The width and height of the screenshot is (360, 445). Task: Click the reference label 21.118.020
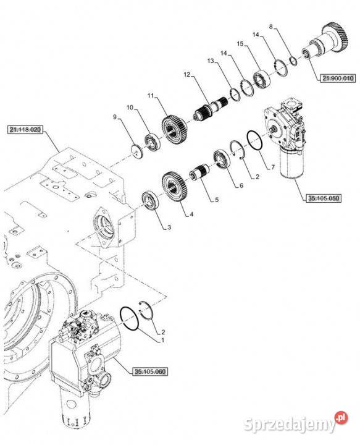tap(25, 130)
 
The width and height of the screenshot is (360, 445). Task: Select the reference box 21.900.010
tap(337, 78)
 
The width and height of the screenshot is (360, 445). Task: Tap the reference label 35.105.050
tap(322, 198)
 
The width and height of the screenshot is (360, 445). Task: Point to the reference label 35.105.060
tap(149, 371)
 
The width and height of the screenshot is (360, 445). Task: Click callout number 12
tap(186, 75)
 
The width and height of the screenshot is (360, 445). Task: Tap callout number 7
tap(269, 167)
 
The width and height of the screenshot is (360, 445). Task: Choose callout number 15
tap(240, 44)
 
